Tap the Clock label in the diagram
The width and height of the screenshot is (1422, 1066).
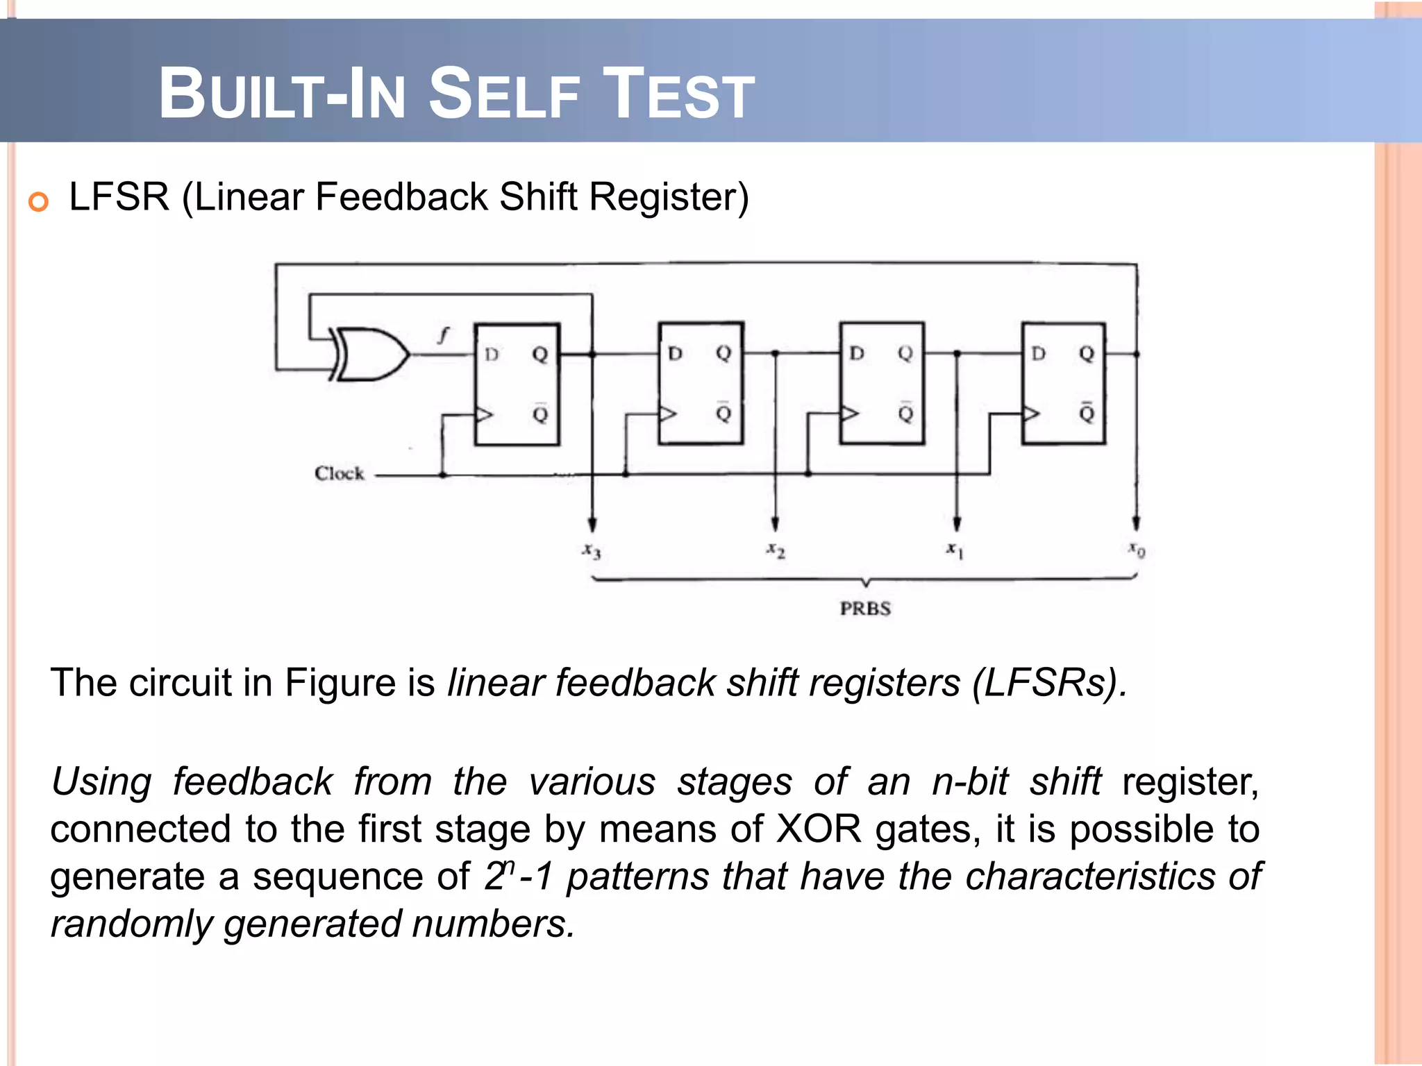(x=339, y=473)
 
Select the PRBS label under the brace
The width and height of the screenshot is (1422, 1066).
(x=865, y=609)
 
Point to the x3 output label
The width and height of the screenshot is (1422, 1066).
(x=592, y=552)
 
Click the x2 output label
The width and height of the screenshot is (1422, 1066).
(x=776, y=550)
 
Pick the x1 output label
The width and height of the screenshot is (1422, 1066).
(x=955, y=550)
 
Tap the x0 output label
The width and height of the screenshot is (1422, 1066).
(x=1136, y=550)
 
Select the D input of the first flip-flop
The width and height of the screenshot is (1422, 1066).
(x=492, y=355)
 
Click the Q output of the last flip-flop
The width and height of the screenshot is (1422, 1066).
(x=1087, y=354)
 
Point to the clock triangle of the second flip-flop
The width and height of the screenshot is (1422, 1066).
(x=667, y=414)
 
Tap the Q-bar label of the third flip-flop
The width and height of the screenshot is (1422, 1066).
(x=905, y=413)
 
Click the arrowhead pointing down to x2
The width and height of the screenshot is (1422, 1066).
(x=775, y=524)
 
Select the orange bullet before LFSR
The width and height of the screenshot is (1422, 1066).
(x=38, y=202)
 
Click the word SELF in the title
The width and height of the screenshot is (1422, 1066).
(x=503, y=94)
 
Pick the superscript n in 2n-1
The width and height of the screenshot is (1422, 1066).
(x=509, y=867)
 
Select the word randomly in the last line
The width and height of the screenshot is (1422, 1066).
(x=131, y=924)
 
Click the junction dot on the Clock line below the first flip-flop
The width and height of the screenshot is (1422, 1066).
(x=443, y=475)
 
